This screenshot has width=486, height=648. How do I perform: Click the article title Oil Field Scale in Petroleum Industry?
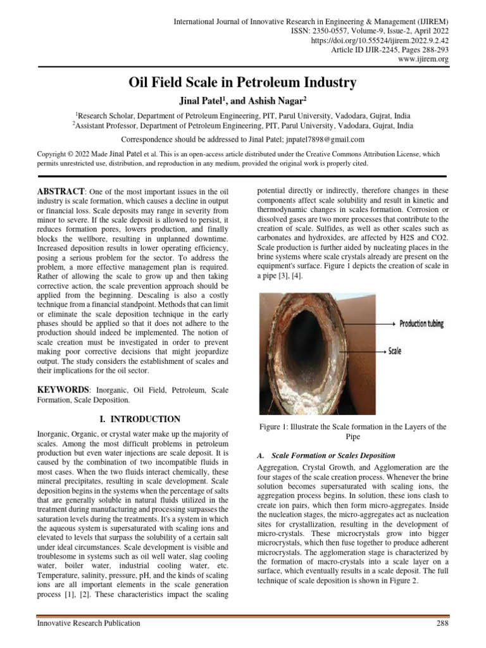point(243,83)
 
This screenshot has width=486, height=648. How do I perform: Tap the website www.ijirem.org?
point(423,59)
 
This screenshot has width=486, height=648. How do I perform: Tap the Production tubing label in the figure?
point(421,324)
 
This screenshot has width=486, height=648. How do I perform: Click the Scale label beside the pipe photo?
point(394,351)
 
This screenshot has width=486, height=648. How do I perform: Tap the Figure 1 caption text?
point(353,432)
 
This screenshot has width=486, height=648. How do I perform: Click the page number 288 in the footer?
point(442,623)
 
